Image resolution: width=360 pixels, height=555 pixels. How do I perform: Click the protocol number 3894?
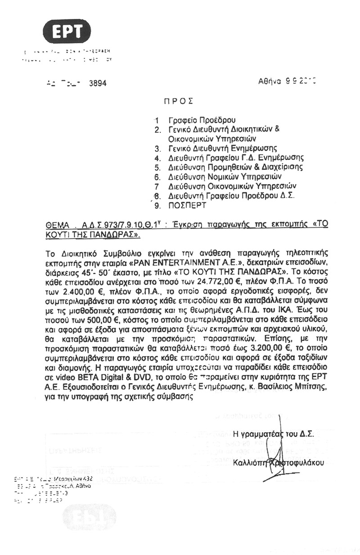99,83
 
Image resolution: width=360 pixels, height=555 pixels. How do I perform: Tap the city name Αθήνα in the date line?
270,81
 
